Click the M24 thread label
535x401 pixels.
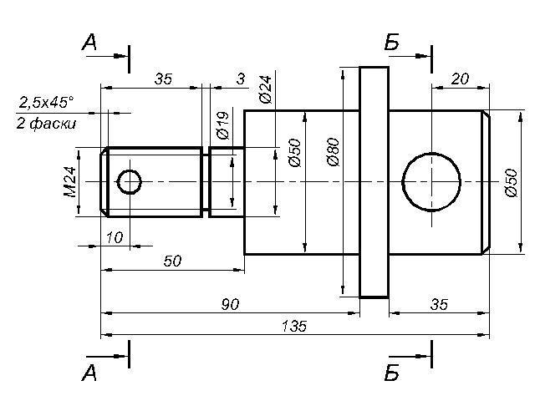[70, 181]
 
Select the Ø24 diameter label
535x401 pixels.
[265, 89]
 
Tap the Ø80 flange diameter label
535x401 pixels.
[333, 152]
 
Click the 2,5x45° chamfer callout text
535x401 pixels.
[46, 103]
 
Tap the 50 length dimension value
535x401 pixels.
[172, 261]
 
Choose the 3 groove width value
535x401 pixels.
[240, 79]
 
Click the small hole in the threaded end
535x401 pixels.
[130, 181]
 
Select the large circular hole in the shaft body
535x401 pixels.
[431, 181]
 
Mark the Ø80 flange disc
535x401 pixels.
[374, 181]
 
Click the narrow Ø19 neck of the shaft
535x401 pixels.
[225, 181]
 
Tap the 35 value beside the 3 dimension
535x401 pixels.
[163, 79]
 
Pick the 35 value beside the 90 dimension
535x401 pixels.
[437, 304]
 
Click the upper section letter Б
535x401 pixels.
[391, 43]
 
